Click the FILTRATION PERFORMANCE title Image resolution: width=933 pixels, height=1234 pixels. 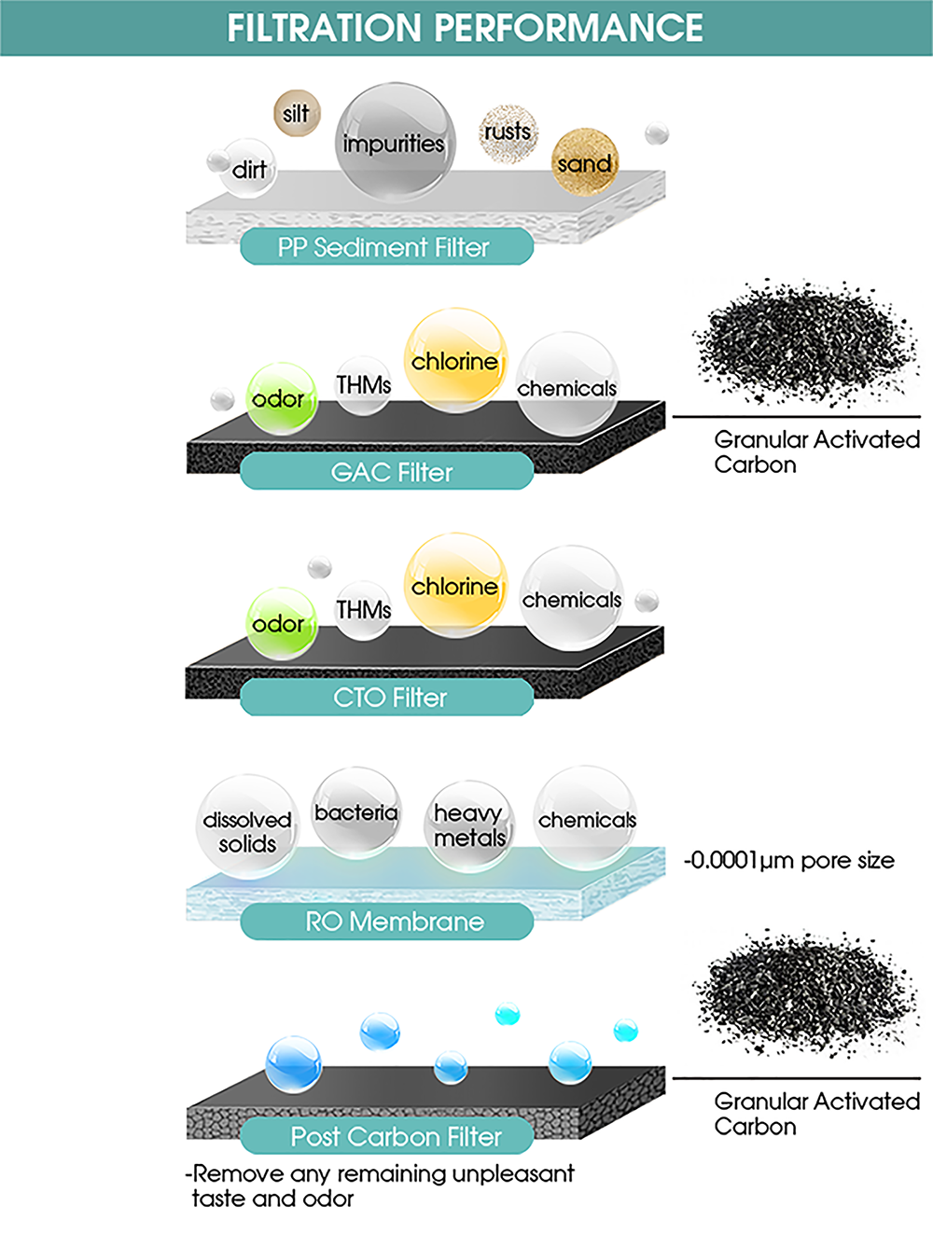pos(465,27)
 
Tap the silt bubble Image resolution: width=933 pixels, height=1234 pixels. pos(297,113)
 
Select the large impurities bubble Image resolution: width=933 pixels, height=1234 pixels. pos(396,141)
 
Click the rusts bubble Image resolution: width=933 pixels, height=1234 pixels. pos(508,132)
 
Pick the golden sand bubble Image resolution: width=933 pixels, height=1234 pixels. pos(585,162)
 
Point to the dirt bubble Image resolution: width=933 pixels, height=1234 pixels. pos(248,168)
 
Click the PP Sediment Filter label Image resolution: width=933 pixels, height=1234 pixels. pos(387,246)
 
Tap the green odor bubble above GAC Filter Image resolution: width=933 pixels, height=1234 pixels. pos(281,398)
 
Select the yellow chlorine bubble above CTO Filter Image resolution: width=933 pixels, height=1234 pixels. pos(456,585)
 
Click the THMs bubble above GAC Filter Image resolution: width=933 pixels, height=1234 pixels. pos(363,385)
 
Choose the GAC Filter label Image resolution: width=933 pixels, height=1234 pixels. pos(387,471)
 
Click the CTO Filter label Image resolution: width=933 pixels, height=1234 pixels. pos(387,697)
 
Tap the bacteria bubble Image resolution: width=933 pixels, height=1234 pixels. pos(356,813)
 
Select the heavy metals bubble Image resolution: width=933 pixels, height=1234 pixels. pos(469,826)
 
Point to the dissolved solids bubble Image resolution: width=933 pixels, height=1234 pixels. pos(247,826)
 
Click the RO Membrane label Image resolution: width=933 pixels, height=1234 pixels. pos(387,921)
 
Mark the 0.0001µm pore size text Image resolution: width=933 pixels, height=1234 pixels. pos(789,860)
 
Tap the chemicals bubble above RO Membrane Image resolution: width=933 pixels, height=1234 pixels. pos(585,818)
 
